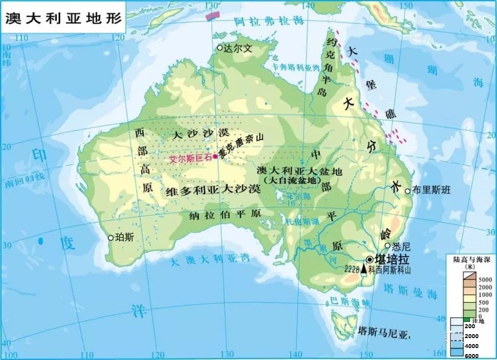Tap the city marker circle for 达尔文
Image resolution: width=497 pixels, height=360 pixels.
click(220, 48)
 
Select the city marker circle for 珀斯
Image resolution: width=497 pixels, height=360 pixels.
click(111, 238)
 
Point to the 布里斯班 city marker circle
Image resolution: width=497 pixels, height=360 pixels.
click(408, 191)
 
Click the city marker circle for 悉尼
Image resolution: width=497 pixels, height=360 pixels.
click(388, 245)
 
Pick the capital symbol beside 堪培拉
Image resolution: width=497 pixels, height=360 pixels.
click(370, 260)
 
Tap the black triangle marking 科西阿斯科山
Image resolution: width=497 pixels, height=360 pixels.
click(364, 269)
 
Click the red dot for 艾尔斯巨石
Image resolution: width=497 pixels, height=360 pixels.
click(215, 156)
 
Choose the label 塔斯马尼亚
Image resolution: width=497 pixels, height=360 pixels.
click(383, 331)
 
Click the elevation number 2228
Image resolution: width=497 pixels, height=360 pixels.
click(352, 269)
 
